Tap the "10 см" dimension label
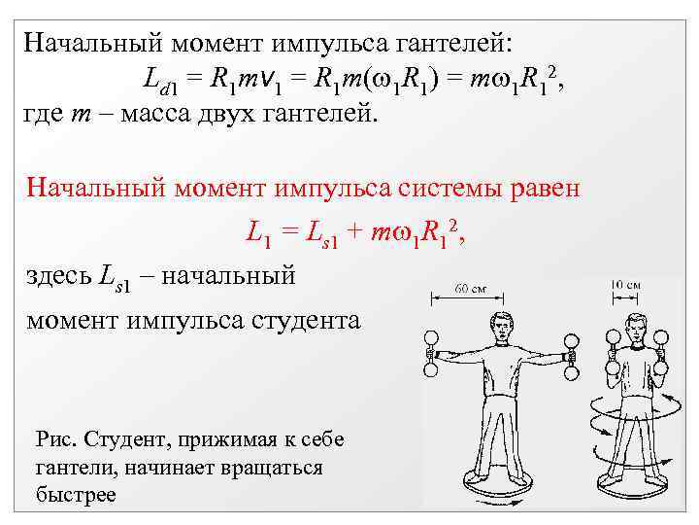tap(623, 284)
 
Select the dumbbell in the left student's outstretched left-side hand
tap(428, 354)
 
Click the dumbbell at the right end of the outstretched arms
tap(572, 356)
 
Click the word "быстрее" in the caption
tap(75, 495)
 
